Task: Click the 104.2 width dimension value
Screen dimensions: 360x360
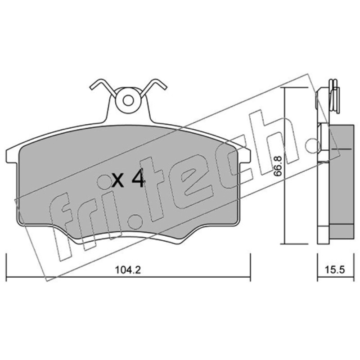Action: (x=128, y=270)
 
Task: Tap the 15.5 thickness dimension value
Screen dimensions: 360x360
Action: (x=334, y=270)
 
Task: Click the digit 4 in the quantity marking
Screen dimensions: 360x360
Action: (x=137, y=178)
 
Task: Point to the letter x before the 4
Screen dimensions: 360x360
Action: (x=118, y=180)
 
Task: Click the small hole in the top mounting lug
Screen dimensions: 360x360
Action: (x=128, y=100)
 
